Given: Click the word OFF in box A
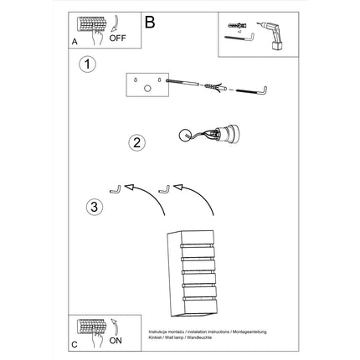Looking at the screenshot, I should (120, 38).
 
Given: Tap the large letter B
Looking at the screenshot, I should (150, 23).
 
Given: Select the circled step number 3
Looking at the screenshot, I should (95, 205).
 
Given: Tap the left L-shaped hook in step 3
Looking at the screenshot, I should (116, 188).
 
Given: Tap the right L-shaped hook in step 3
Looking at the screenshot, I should (167, 188).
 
